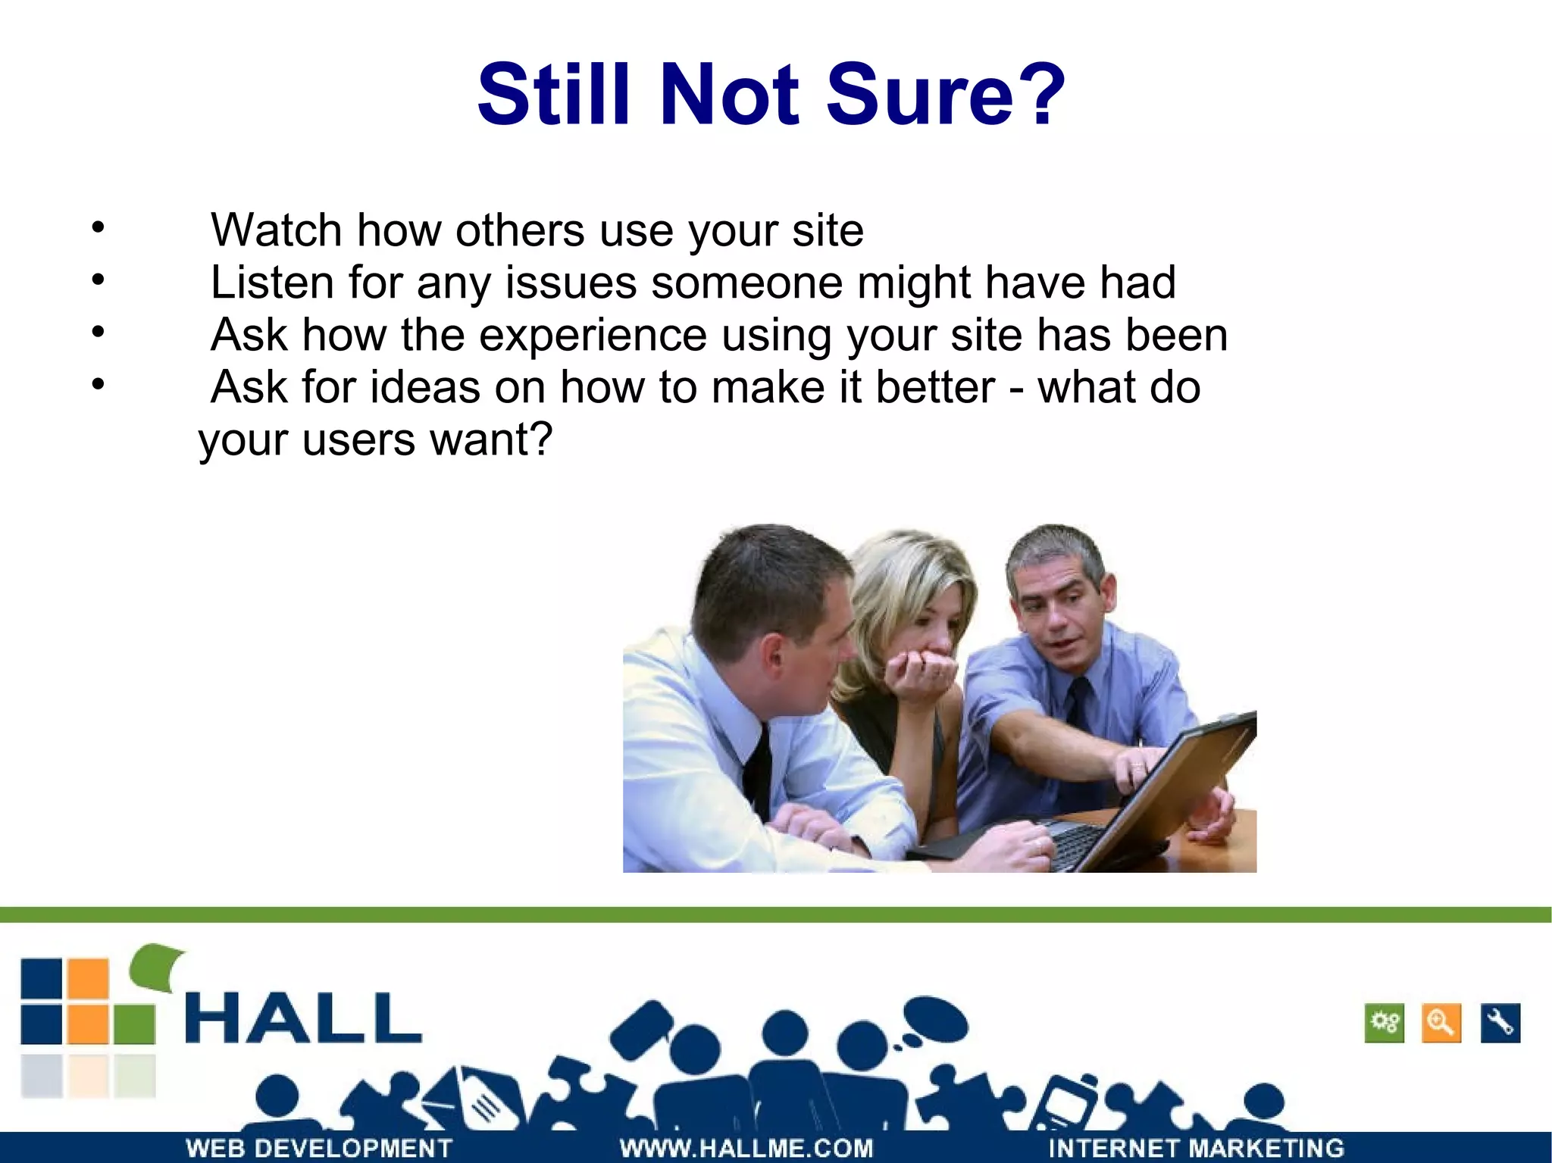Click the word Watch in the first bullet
pyautogui.click(x=276, y=230)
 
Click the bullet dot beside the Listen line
pyautogui.click(x=98, y=280)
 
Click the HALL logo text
pyautogui.click(x=303, y=1019)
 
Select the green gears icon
pyautogui.click(x=1384, y=1023)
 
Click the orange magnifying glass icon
pyautogui.click(x=1441, y=1023)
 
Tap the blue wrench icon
pyautogui.click(x=1500, y=1023)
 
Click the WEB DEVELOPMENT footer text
pyautogui.click(x=318, y=1148)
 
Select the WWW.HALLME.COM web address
pyautogui.click(x=746, y=1148)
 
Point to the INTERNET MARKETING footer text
pyautogui.click(x=1196, y=1148)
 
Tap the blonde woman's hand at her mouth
pyautogui.click(x=921, y=671)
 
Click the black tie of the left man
pyautogui.click(x=758, y=773)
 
